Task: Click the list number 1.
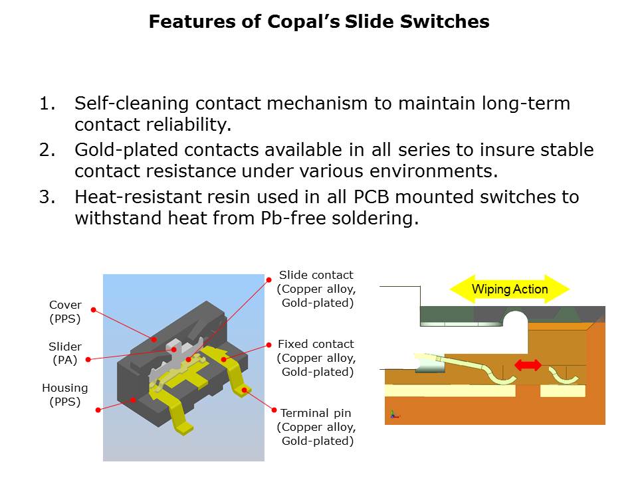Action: pos(47,104)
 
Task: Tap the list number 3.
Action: pos(47,197)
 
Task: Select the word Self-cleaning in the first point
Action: pos(132,104)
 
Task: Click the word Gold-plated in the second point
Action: pos(126,151)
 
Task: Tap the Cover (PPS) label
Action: pos(65,312)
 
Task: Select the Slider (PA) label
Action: pos(65,353)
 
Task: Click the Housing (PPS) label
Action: pos(65,394)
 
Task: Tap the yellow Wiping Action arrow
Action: pos(510,289)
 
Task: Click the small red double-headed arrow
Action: pos(528,364)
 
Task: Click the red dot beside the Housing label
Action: pos(98,410)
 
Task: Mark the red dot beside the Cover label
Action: pos(94,310)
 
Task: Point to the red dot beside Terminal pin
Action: pos(274,410)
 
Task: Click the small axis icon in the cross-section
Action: pos(394,414)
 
